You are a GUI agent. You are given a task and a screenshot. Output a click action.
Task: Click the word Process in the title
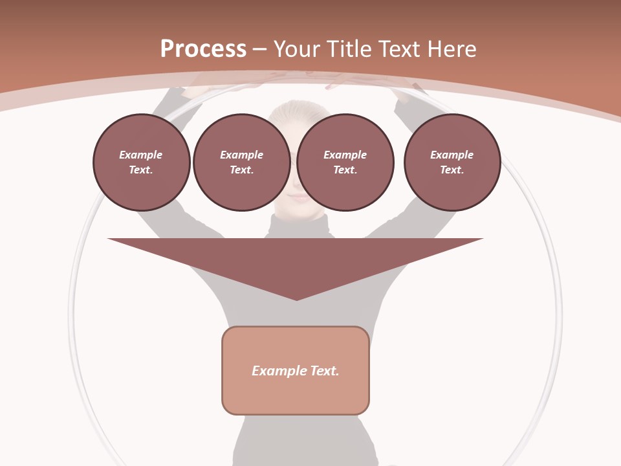coord(203,49)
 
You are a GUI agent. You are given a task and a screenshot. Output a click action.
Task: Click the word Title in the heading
coord(346,49)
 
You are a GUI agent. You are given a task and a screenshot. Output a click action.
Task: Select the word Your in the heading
coord(298,49)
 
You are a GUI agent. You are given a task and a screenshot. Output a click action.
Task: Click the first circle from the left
coord(141,162)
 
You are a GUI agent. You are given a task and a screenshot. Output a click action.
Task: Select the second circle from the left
coord(241,162)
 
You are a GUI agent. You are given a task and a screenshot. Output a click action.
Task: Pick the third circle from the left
coord(345,162)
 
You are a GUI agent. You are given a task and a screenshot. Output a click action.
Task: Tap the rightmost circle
coord(452,162)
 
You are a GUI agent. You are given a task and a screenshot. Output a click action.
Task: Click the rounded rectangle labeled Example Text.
coord(296,388)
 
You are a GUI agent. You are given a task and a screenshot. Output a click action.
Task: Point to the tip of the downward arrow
coord(296,298)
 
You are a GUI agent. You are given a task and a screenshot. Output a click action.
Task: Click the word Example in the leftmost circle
coord(141,155)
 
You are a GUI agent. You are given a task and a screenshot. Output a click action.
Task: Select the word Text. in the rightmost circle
coord(452,170)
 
